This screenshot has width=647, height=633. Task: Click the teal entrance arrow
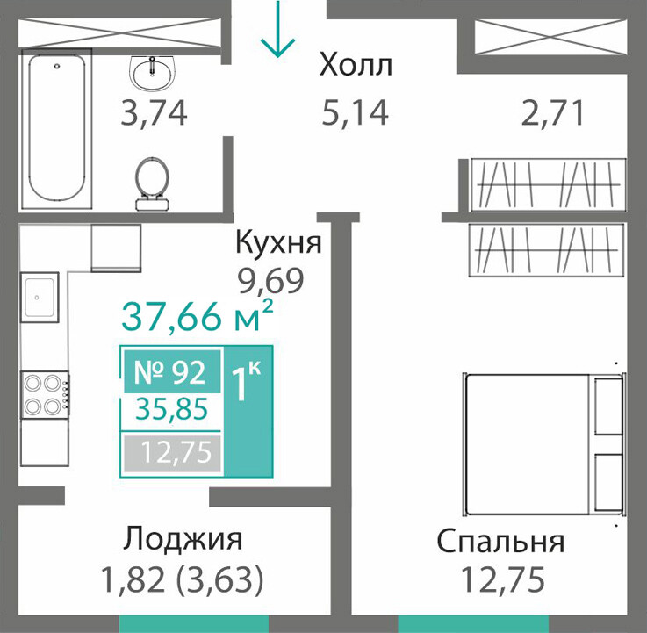(277, 29)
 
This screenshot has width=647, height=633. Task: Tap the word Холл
(356, 66)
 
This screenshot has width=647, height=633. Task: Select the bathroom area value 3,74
(154, 113)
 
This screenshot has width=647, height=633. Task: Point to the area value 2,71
(552, 113)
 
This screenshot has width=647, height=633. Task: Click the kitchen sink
(40, 297)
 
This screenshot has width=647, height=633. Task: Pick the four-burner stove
(46, 395)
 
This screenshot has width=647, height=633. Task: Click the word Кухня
(278, 242)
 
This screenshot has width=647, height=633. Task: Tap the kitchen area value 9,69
(270, 282)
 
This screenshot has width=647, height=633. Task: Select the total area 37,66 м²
(198, 316)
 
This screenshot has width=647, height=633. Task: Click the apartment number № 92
(170, 372)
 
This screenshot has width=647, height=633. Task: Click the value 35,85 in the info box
(172, 409)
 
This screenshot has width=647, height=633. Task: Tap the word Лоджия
(183, 539)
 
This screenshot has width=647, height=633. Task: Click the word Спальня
(500, 543)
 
